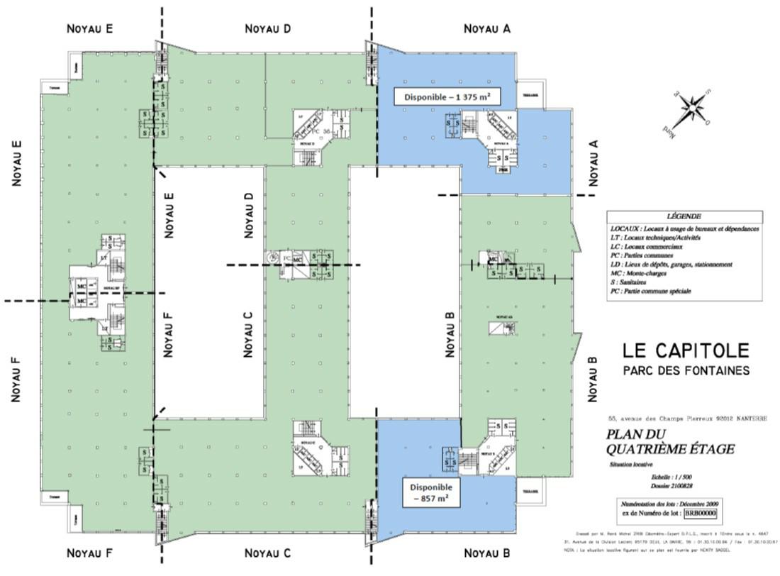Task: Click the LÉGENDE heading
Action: (x=684, y=216)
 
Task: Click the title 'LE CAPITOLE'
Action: (x=686, y=350)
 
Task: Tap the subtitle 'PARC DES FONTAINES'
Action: (x=686, y=370)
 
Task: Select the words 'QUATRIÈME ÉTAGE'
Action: (x=670, y=450)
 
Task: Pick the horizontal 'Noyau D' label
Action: (x=267, y=28)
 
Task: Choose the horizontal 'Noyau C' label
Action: (x=267, y=553)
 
